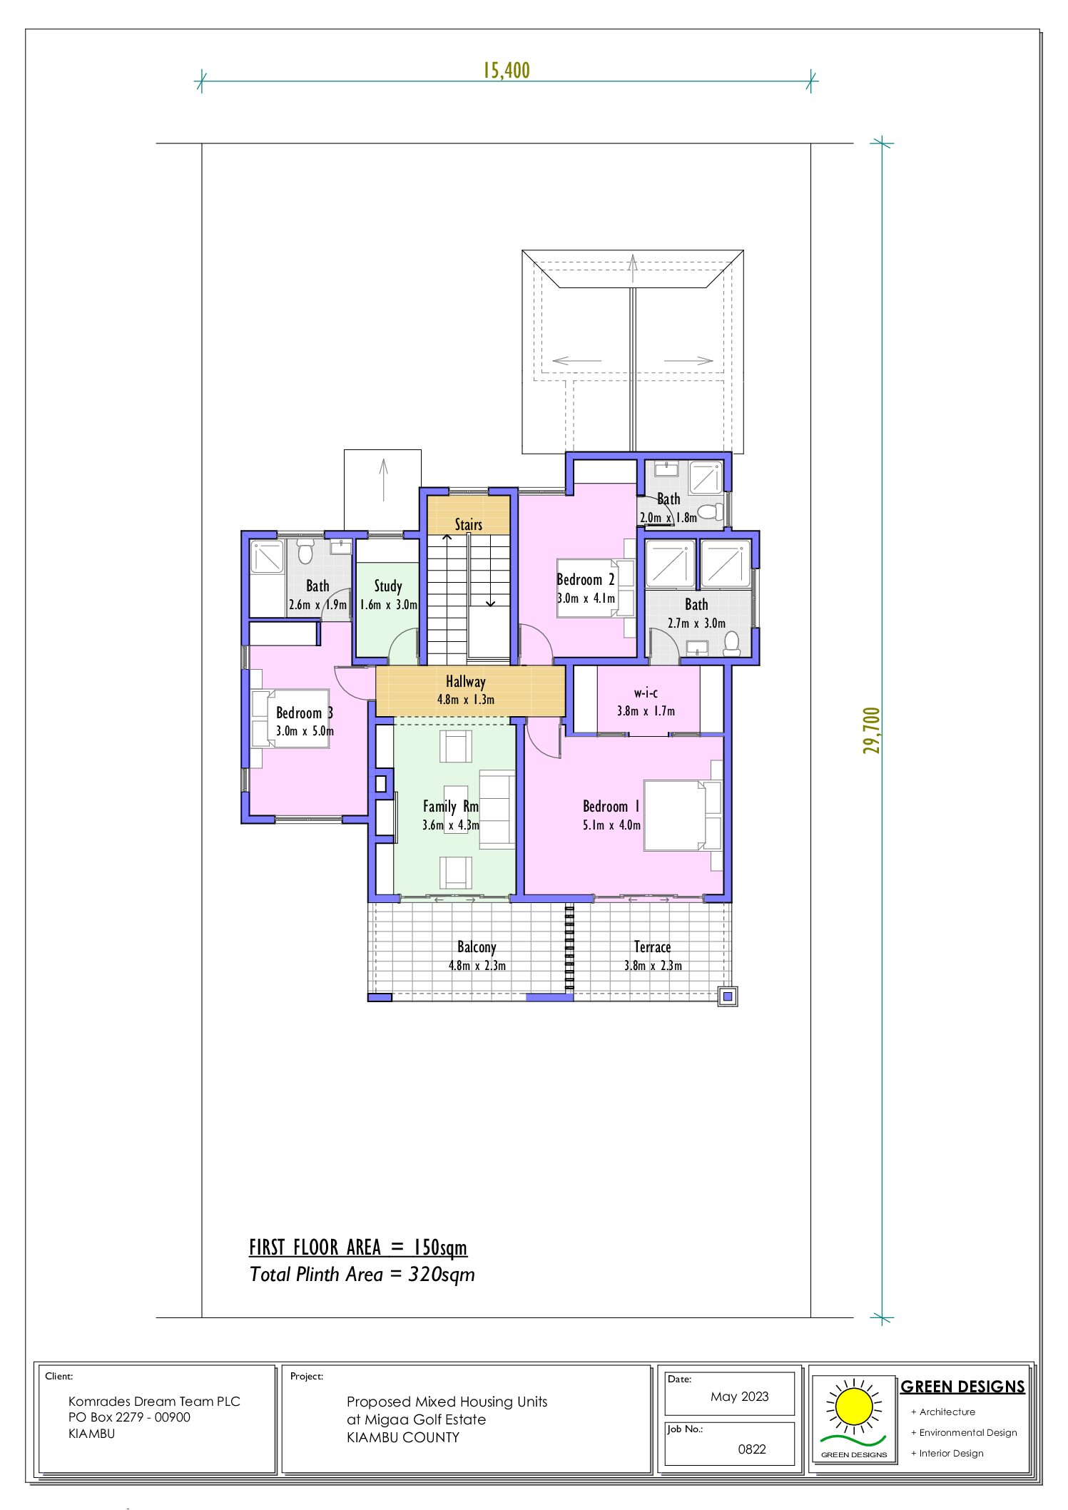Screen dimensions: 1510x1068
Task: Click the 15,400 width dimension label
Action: (506, 70)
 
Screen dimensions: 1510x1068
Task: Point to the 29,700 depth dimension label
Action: (871, 730)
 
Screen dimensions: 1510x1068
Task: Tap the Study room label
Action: (388, 586)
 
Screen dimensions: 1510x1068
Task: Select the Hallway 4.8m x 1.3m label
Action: (466, 690)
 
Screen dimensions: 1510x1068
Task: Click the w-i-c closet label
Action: (646, 693)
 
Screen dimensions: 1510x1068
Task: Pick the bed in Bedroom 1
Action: (681, 815)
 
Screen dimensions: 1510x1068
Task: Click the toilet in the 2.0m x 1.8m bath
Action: (708, 511)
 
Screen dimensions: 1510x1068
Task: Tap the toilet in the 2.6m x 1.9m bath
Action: (305, 551)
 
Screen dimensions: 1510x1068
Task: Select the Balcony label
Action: (477, 947)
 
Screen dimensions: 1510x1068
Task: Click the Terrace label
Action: (652, 947)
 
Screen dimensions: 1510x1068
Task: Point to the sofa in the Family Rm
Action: (497, 809)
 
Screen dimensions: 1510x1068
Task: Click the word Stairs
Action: (469, 525)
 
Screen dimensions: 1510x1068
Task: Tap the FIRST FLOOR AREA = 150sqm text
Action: (358, 1248)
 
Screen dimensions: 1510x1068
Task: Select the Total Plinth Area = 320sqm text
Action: (362, 1275)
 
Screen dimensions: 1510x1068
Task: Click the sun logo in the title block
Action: (853, 1407)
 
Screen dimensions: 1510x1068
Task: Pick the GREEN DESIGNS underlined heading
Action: (962, 1387)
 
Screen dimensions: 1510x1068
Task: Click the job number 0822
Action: (752, 1449)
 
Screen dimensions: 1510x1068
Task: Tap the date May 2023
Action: (739, 1397)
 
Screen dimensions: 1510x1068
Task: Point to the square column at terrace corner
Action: (727, 996)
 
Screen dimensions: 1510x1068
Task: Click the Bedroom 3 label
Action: (304, 713)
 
